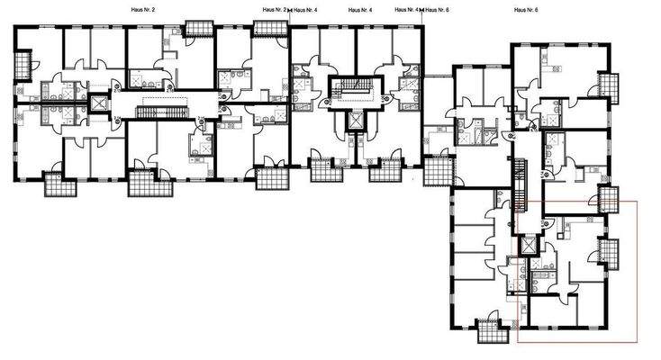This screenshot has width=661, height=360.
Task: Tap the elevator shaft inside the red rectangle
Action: (529, 247)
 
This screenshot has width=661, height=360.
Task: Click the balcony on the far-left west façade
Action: (23, 63)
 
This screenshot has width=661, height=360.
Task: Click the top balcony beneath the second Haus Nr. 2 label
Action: (267, 27)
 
